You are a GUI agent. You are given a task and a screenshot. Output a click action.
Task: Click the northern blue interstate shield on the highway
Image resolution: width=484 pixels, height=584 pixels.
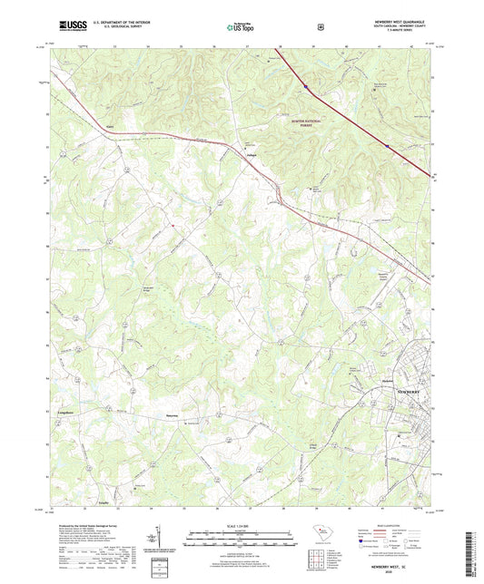click(x=307, y=87)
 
